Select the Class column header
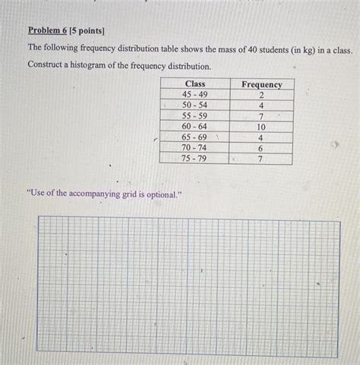pyautogui.click(x=194, y=83)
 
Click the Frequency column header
pyautogui.click(x=261, y=84)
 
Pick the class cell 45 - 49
pyautogui.click(x=194, y=95)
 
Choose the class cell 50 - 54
pyautogui.click(x=194, y=105)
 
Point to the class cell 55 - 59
pyautogui.click(x=194, y=116)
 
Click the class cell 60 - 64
pyautogui.click(x=194, y=127)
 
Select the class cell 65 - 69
pyautogui.click(x=194, y=137)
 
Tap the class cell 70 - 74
pyautogui.click(x=194, y=148)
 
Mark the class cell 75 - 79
pyautogui.click(x=194, y=159)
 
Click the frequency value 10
pyautogui.click(x=261, y=127)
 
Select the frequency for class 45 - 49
pyautogui.click(x=261, y=96)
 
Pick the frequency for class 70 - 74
pyautogui.click(x=261, y=149)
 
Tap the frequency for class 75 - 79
pyautogui.click(x=261, y=159)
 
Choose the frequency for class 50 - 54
pyautogui.click(x=261, y=106)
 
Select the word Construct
pyautogui.click(x=46, y=65)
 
